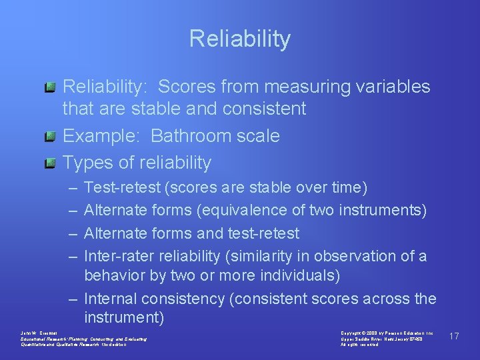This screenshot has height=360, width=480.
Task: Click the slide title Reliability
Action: (240, 39)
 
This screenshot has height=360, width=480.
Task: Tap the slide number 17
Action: (454, 336)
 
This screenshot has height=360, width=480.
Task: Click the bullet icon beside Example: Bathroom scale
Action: (50, 137)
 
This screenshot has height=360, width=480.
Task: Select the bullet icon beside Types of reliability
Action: (50, 163)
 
